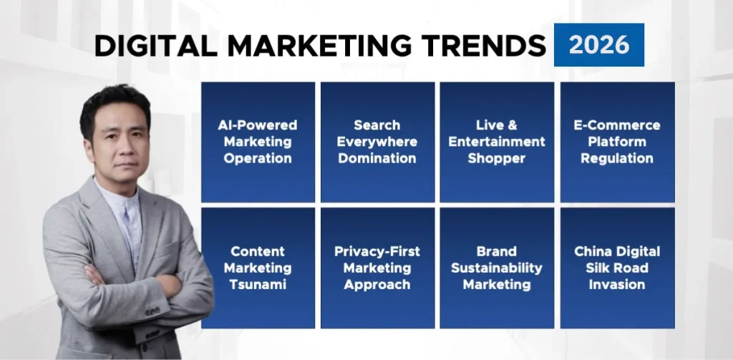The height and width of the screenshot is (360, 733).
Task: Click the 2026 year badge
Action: point(599,45)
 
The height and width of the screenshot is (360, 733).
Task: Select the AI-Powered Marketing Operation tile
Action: point(258,142)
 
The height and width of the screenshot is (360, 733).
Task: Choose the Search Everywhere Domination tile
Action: point(377,142)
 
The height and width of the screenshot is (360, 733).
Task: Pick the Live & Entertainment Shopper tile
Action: point(497,142)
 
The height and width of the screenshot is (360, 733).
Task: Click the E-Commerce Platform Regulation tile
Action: point(617,142)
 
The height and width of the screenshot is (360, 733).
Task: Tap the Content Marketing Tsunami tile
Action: point(258,268)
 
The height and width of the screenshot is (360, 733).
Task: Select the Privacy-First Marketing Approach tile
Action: point(377,268)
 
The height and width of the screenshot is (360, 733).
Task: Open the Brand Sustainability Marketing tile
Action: point(497,268)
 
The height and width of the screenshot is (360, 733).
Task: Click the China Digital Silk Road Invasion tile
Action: point(617,268)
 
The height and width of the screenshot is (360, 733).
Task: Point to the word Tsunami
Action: point(258,285)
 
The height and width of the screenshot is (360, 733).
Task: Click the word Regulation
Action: point(617,158)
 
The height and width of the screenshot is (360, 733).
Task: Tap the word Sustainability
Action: point(497,268)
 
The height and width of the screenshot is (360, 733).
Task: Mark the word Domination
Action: point(377,158)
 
